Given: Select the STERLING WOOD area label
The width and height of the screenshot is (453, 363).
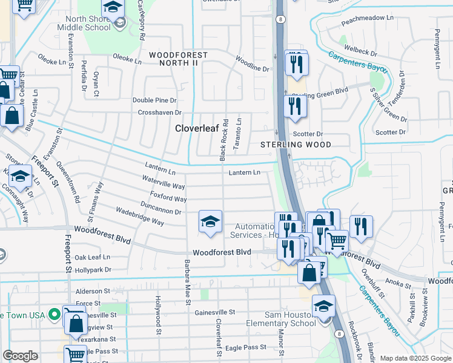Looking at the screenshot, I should pyautogui.click(x=296, y=145).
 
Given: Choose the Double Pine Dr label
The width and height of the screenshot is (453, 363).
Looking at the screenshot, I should pyautogui.click(x=154, y=100).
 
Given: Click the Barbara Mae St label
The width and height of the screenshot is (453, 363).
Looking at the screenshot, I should pyautogui.click(x=187, y=282).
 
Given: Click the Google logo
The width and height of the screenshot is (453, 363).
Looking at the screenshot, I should pyautogui.click(x=20, y=356).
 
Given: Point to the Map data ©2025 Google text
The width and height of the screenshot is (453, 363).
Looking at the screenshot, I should pyautogui.click(x=415, y=358).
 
